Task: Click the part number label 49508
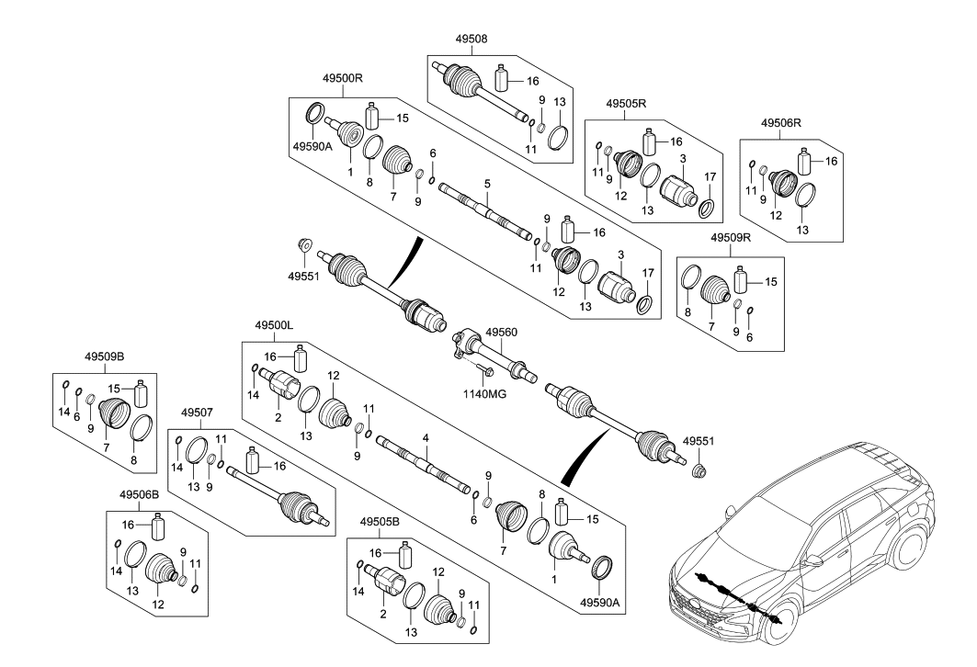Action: pos(471,40)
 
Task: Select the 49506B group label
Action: pos(139,494)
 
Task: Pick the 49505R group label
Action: pos(629,104)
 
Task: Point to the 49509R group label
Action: pos(732,236)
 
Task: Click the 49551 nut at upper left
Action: pos(304,245)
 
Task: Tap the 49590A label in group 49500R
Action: pos(313,145)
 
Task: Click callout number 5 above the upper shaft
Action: pos(488,184)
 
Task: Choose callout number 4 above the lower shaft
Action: pos(425,440)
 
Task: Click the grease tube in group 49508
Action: pos(502,78)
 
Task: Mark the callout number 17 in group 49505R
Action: pos(710,176)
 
